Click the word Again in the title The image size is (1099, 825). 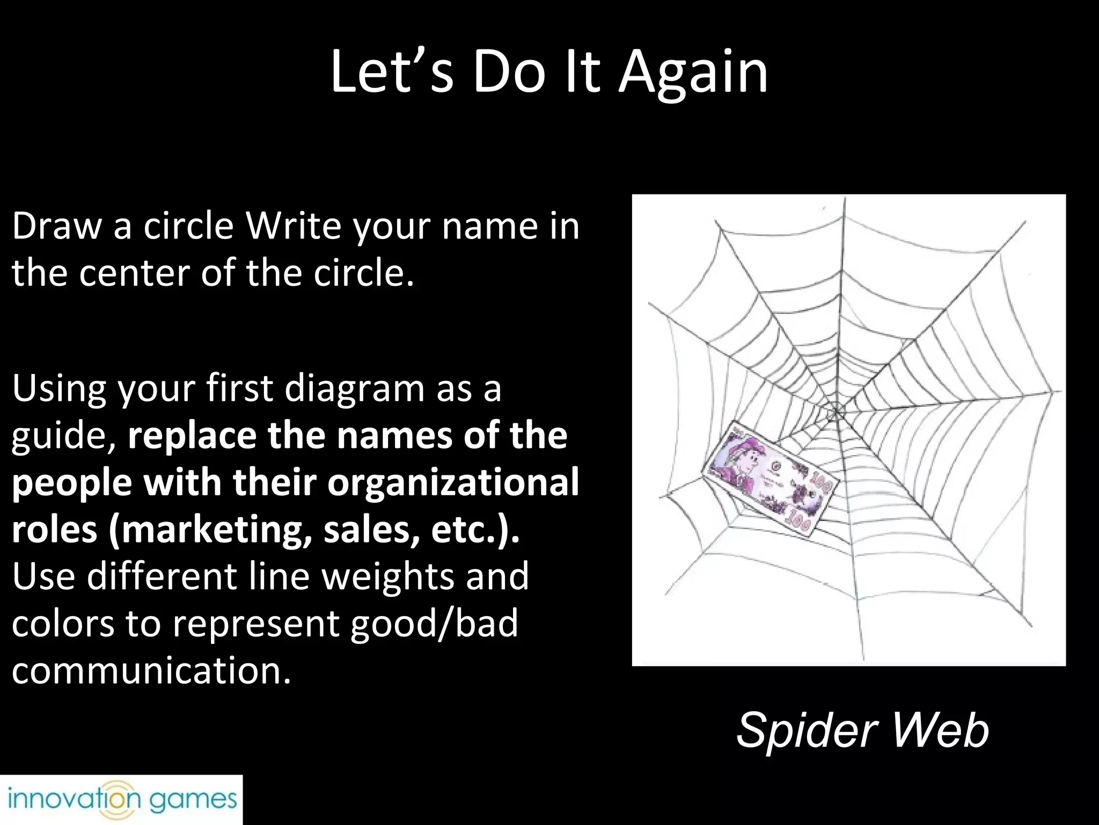tap(693, 74)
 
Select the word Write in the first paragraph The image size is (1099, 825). tap(293, 226)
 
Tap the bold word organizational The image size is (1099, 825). tap(453, 483)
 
